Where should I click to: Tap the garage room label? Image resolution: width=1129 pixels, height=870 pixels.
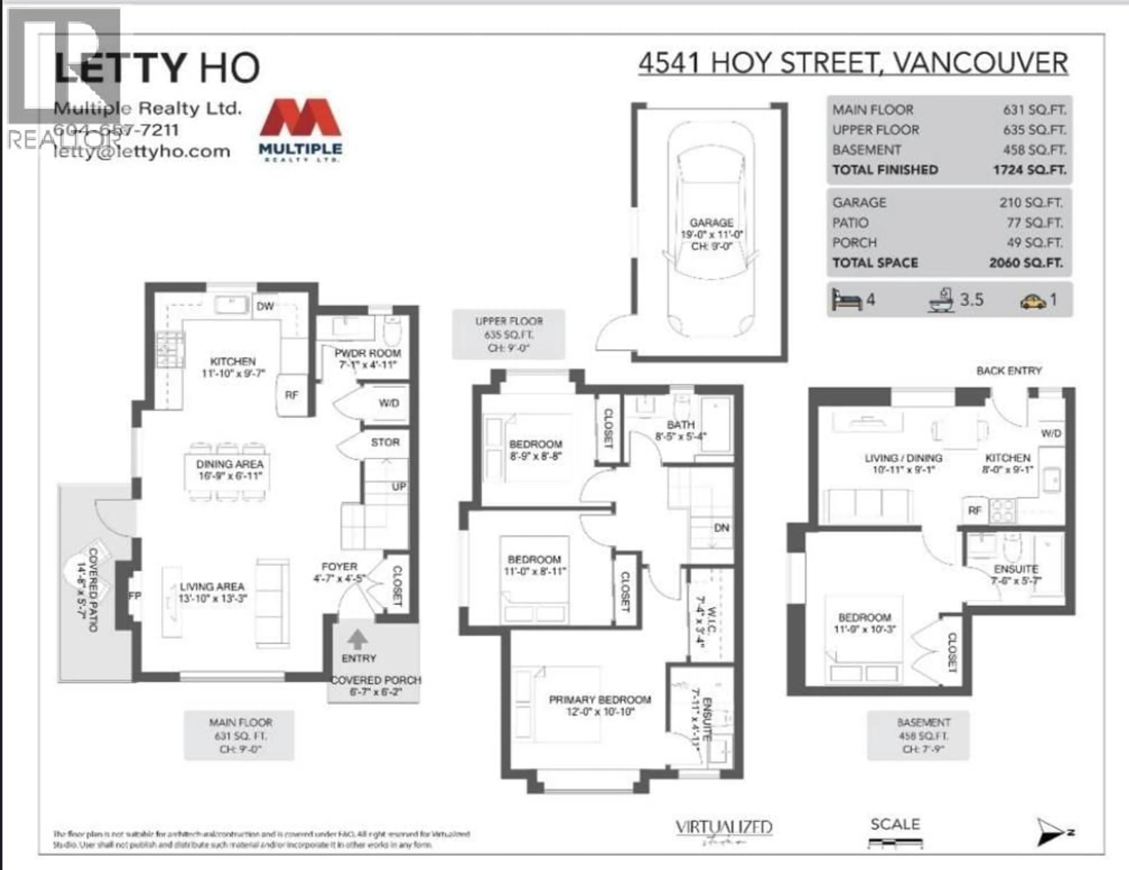[711, 223]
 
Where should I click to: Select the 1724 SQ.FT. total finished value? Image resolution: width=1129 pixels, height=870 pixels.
[1029, 170]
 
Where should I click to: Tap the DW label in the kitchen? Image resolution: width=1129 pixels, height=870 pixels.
[265, 306]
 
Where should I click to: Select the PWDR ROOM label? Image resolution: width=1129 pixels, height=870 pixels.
[368, 353]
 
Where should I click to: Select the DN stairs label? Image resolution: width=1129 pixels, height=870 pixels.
[722, 528]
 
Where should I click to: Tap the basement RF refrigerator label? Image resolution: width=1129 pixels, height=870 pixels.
[974, 511]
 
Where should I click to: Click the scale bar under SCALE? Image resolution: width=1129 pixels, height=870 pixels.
[895, 844]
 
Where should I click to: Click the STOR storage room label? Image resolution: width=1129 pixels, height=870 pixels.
[385, 442]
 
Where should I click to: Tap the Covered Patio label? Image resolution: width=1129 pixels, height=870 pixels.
[87, 590]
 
